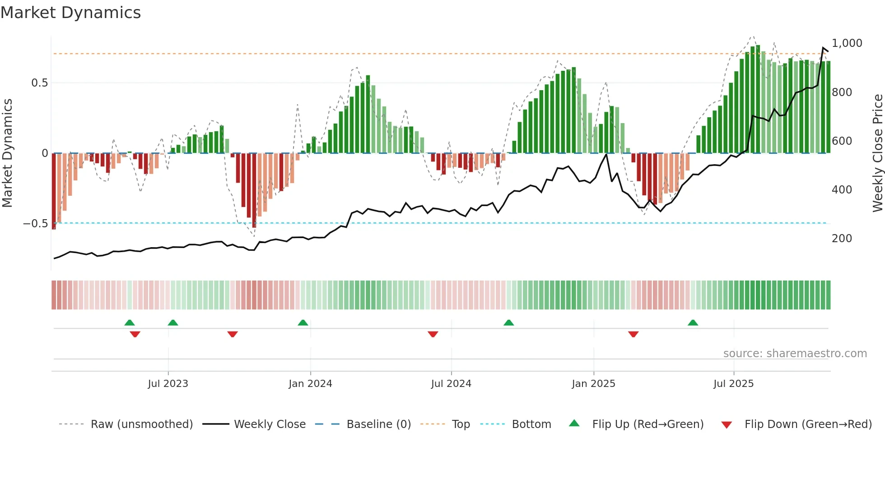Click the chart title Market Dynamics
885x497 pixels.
click(x=70, y=13)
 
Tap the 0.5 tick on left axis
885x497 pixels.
click(x=39, y=83)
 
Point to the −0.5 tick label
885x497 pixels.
click(x=35, y=224)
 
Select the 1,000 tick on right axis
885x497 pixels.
click(x=847, y=43)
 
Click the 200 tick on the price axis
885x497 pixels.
click(x=842, y=239)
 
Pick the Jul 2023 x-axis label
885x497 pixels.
click(x=168, y=384)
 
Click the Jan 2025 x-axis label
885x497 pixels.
click(x=593, y=384)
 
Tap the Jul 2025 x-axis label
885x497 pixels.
click(x=733, y=384)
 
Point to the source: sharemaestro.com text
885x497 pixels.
click(x=795, y=354)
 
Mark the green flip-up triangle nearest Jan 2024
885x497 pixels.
click(x=303, y=323)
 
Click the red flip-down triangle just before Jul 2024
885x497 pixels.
click(x=433, y=334)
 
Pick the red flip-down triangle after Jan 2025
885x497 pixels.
click(x=633, y=334)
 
